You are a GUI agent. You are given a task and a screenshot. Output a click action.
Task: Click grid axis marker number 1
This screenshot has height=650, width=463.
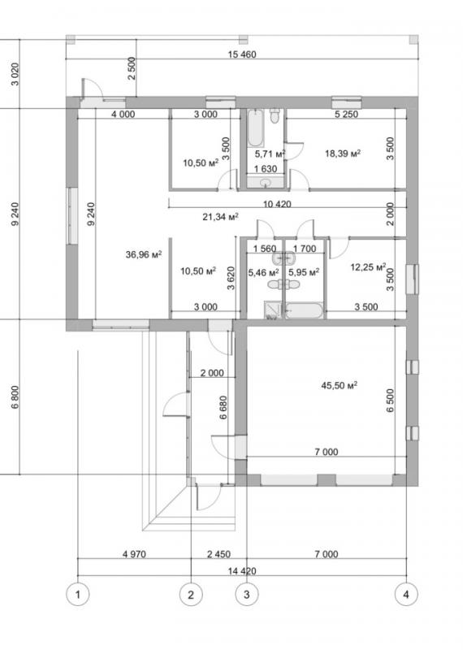(x=77, y=595)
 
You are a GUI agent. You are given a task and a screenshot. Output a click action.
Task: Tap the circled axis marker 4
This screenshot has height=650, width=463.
(x=406, y=595)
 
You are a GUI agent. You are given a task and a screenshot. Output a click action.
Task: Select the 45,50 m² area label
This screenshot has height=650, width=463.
(x=339, y=385)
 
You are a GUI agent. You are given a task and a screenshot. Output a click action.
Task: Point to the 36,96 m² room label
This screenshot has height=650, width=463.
(x=144, y=254)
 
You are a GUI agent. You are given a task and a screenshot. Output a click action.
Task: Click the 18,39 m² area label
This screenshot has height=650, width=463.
(x=343, y=154)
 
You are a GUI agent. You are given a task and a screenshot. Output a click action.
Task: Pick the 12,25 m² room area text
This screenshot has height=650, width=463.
(x=368, y=267)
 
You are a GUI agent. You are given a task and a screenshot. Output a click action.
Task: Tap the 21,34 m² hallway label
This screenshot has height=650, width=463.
(x=220, y=216)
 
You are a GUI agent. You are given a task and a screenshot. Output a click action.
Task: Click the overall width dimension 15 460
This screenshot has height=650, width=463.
(x=242, y=54)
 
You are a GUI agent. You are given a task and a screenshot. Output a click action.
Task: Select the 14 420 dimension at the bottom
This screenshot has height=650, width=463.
(x=242, y=571)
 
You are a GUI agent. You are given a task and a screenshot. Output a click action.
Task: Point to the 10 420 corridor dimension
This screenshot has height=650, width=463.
(x=277, y=204)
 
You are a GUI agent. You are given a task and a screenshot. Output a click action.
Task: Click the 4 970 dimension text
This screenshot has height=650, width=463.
(x=134, y=554)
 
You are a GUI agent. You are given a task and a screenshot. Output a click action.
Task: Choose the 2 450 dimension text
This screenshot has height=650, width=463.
(x=219, y=554)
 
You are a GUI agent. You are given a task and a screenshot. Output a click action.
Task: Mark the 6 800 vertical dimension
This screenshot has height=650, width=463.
(x=15, y=397)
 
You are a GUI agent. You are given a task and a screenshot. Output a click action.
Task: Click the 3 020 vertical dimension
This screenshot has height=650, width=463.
(x=15, y=74)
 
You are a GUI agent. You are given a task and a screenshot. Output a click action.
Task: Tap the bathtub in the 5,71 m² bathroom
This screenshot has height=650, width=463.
(x=255, y=128)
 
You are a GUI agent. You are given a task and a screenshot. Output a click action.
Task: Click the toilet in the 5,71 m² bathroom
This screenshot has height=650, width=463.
(x=275, y=115)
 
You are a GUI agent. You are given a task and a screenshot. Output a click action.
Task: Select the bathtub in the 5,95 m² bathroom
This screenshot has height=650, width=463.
(x=304, y=311)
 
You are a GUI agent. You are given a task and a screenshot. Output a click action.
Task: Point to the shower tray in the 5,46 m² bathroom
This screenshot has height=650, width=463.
(x=272, y=310)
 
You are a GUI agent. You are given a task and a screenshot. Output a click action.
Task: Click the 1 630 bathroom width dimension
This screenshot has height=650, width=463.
(x=266, y=169)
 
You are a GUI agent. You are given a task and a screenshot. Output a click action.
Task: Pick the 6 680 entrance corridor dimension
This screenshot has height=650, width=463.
(x=223, y=408)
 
